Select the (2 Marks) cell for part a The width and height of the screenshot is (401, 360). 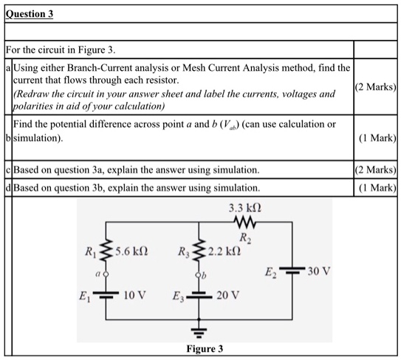click(x=377, y=86)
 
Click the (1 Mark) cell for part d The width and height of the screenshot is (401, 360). click(x=377, y=188)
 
